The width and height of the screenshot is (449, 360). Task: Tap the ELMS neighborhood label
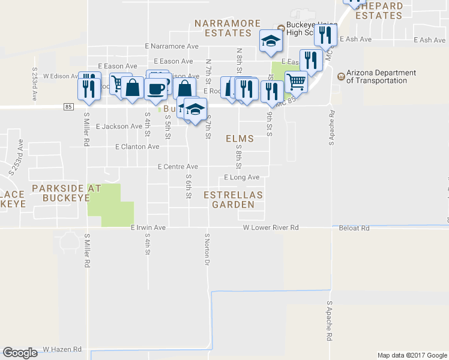tap(240, 139)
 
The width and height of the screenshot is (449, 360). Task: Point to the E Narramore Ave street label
tap(172, 46)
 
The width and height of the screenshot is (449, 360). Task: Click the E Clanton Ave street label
tap(137, 146)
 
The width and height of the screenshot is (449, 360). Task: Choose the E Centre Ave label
tap(178, 167)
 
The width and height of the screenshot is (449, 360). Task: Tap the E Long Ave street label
tap(241, 178)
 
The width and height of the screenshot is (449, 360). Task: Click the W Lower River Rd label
tap(271, 228)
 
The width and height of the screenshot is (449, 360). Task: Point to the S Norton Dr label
tap(207, 250)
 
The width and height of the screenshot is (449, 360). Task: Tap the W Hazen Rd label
tap(62, 349)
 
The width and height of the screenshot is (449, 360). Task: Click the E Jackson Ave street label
tap(119, 127)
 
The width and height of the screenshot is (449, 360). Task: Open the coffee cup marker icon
tap(156, 88)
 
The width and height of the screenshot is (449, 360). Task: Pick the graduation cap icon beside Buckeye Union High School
tap(270, 41)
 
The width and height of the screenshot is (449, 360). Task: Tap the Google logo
tap(20, 353)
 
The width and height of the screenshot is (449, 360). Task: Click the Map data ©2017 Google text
tap(412, 355)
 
